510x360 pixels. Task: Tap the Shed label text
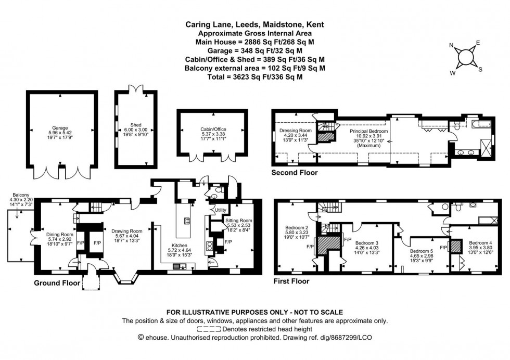pyautogui.click(x=136, y=125)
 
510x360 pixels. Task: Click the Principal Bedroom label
pyautogui.click(x=368, y=132)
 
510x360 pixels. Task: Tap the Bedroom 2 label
pyautogui.click(x=295, y=227)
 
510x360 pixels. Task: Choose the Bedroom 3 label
pyautogui.click(x=366, y=243)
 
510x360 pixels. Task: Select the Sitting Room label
pyautogui.click(x=238, y=221)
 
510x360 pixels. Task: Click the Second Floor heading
pyautogui.click(x=295, y=172)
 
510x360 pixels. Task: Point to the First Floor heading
pyautogui.click(x=291, y=281)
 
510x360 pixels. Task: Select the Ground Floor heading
pyautogui.click(x=57, y=284)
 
